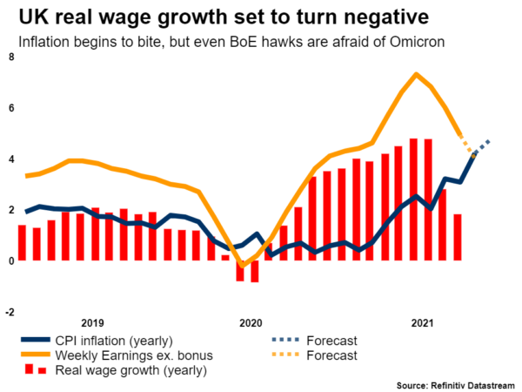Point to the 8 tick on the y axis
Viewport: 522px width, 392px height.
point(10,57)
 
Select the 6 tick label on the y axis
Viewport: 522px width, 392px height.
point(10,108)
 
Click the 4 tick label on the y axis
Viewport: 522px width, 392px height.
point(10,159)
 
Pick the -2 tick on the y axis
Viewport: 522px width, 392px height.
point(9,311)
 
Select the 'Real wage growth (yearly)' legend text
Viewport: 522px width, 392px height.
point(130,370)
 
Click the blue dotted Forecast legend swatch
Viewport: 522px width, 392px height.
point(295,340)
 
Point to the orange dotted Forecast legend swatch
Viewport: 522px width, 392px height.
point(295,355)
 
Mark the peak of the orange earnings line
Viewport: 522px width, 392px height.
point(417,74)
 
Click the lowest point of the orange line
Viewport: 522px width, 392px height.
point(244,265)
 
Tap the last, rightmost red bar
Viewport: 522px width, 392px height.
point(458,237)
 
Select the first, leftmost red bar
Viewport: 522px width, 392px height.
point(22,242)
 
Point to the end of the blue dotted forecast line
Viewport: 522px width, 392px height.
point(489,140)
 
